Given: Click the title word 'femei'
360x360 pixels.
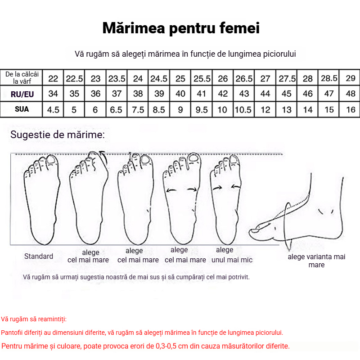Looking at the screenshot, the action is tap(239, 28).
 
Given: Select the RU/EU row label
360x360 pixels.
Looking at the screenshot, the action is tap(22, 94).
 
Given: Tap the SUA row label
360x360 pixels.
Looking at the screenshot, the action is tap(22, 109).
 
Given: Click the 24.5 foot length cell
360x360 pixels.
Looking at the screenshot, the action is tap(159, 78).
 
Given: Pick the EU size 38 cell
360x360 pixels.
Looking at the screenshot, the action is tap(138, 94).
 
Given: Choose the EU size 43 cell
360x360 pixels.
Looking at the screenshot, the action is tap(244, 94).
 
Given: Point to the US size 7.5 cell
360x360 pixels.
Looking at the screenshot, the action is tap(138, 110).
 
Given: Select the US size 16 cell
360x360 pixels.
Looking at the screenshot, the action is tap(351, 110).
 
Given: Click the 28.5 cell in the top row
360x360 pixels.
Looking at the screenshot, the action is tap(329, 78).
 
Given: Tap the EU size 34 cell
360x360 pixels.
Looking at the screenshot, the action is tap(53, 94).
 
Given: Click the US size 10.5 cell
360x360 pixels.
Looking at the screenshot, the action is tap(244, 110).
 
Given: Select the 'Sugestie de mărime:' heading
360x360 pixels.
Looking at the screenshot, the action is tap(58, 135).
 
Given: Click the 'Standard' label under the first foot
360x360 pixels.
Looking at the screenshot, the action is tap(39, 256).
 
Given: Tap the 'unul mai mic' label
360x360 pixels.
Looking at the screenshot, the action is tap(232, 260).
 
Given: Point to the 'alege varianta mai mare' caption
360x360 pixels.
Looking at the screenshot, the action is tap(316, 261).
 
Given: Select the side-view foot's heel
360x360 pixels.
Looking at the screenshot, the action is tap(337, 232).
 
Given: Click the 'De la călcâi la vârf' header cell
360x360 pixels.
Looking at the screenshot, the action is tap(22, 77).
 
